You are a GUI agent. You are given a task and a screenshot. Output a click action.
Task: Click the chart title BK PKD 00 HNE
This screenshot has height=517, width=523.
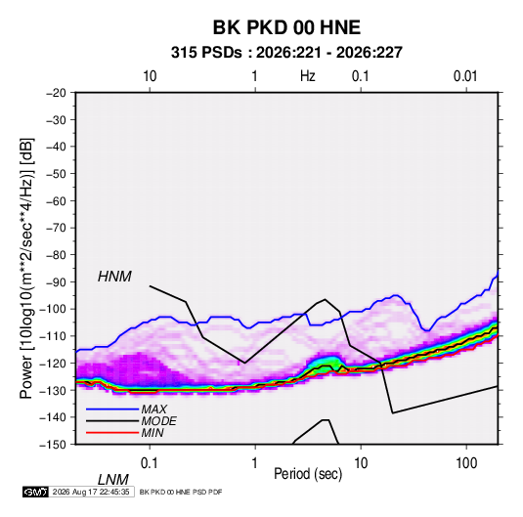click(286, 27)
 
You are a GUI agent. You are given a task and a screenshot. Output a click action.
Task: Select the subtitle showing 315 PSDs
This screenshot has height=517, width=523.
click(286, 53)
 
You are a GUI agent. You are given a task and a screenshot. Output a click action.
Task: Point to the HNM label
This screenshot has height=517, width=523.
click(114, 277)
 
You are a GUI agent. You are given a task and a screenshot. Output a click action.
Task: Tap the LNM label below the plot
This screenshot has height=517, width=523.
click(113, 480)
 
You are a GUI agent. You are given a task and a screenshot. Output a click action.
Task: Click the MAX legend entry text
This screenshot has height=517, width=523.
click(153, 409)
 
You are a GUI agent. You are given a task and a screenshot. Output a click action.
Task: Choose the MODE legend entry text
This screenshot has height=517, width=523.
click(158, 421)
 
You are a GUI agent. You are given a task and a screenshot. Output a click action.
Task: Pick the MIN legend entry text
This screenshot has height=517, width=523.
click(153, 433)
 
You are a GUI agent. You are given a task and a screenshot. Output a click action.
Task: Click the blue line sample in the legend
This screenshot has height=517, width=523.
click(112, 409)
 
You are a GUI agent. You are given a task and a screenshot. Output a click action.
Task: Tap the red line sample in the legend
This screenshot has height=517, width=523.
click(112, 433)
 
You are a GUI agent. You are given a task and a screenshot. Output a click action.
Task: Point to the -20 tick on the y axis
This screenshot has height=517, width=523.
click(56, 93)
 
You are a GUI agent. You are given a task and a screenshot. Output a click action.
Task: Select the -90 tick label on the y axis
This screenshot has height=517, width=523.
click(56, 281)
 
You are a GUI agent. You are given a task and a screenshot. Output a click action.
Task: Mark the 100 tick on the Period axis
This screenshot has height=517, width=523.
click(466, 463)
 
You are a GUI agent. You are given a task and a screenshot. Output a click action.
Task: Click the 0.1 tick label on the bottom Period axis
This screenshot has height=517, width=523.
click(150, 463)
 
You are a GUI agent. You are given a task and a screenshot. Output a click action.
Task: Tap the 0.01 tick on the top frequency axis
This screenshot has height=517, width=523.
click(465, 76)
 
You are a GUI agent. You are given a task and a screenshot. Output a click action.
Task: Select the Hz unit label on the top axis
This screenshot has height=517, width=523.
click(308, 76)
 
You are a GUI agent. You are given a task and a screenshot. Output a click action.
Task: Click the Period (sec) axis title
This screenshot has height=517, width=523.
click(308, 474)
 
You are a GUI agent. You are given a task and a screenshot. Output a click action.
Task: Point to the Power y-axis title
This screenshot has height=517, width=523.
click(26, 269)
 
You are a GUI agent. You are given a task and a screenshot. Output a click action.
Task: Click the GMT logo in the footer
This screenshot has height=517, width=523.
click(35, 492)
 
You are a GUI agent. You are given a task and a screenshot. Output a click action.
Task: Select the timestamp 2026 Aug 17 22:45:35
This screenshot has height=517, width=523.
click(91, 492)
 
